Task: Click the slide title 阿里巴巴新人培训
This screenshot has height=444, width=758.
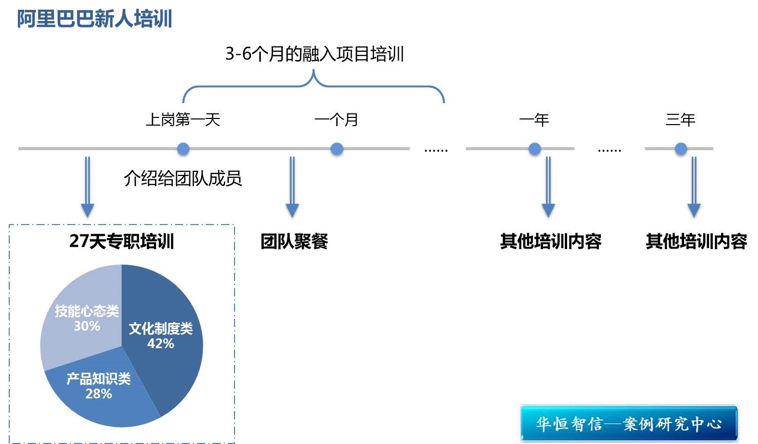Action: tap(94, 19)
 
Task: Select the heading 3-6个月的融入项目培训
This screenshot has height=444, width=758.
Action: tap(315, 54)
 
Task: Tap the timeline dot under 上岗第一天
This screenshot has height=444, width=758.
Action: tap(183, 149)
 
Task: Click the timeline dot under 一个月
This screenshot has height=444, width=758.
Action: tap(337, 149)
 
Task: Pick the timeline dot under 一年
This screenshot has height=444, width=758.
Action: tap(535, 149)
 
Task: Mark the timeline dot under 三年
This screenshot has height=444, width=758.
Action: tap(681, 149)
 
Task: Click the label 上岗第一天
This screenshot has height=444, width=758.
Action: tap(183, 120)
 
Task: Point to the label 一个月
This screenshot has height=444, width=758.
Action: tap(336, 120)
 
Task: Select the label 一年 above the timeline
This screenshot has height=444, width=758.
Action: tap(534, 120)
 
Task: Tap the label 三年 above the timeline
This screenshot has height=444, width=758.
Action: tap(681, 120)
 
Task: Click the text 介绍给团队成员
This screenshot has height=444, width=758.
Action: tap(183, 178)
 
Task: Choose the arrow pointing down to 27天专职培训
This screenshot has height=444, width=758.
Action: tap(87, 187)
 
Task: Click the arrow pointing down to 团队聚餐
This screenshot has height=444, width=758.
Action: tap(292, 187)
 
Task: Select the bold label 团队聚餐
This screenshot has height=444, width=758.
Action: tap(294, 241)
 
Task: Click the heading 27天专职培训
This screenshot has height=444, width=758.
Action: tap(122, 241)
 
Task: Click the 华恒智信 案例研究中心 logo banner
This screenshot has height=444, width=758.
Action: tap(629, 423)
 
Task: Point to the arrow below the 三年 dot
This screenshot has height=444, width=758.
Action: tap(694, 187)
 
